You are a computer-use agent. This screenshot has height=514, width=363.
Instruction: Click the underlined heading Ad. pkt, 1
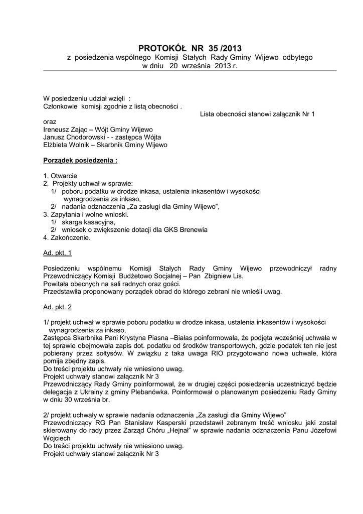57,253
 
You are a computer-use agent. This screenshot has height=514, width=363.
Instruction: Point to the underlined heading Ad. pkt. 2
57,306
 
